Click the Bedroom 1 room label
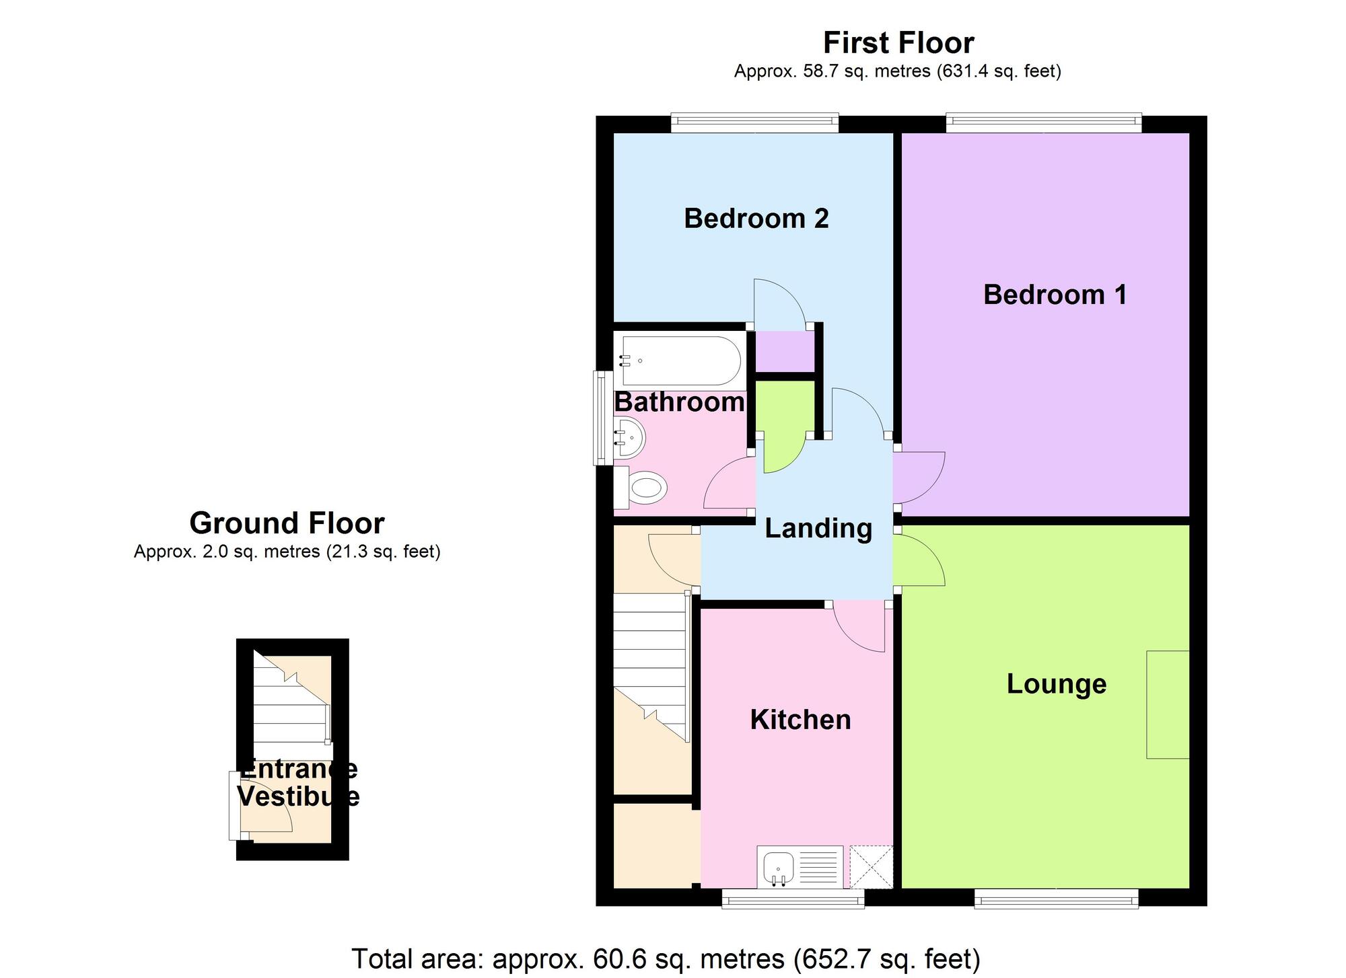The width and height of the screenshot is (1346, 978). [1055, 295]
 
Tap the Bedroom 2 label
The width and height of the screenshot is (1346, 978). [756, 219]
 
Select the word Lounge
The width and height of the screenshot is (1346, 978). [1056, 684]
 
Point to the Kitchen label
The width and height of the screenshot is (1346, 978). [800, 720]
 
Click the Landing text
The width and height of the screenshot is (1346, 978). [818, 528]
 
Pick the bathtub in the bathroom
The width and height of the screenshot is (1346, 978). [680, 361]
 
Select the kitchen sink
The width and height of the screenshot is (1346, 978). [779, 867]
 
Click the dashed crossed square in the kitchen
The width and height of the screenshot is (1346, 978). [871, 866]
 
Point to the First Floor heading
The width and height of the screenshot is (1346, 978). [898, 43]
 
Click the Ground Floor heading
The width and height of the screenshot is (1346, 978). [287, 523]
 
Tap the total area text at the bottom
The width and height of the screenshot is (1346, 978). [666, 958]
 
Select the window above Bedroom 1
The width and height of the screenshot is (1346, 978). [1043, 123]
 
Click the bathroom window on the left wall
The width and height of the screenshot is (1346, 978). [599, 418]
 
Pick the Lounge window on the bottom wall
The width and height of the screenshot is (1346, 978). [1056, 899]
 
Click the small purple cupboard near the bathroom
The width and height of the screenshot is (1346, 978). [784, 351]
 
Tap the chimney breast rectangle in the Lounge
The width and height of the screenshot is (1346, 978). [1168, 704]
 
